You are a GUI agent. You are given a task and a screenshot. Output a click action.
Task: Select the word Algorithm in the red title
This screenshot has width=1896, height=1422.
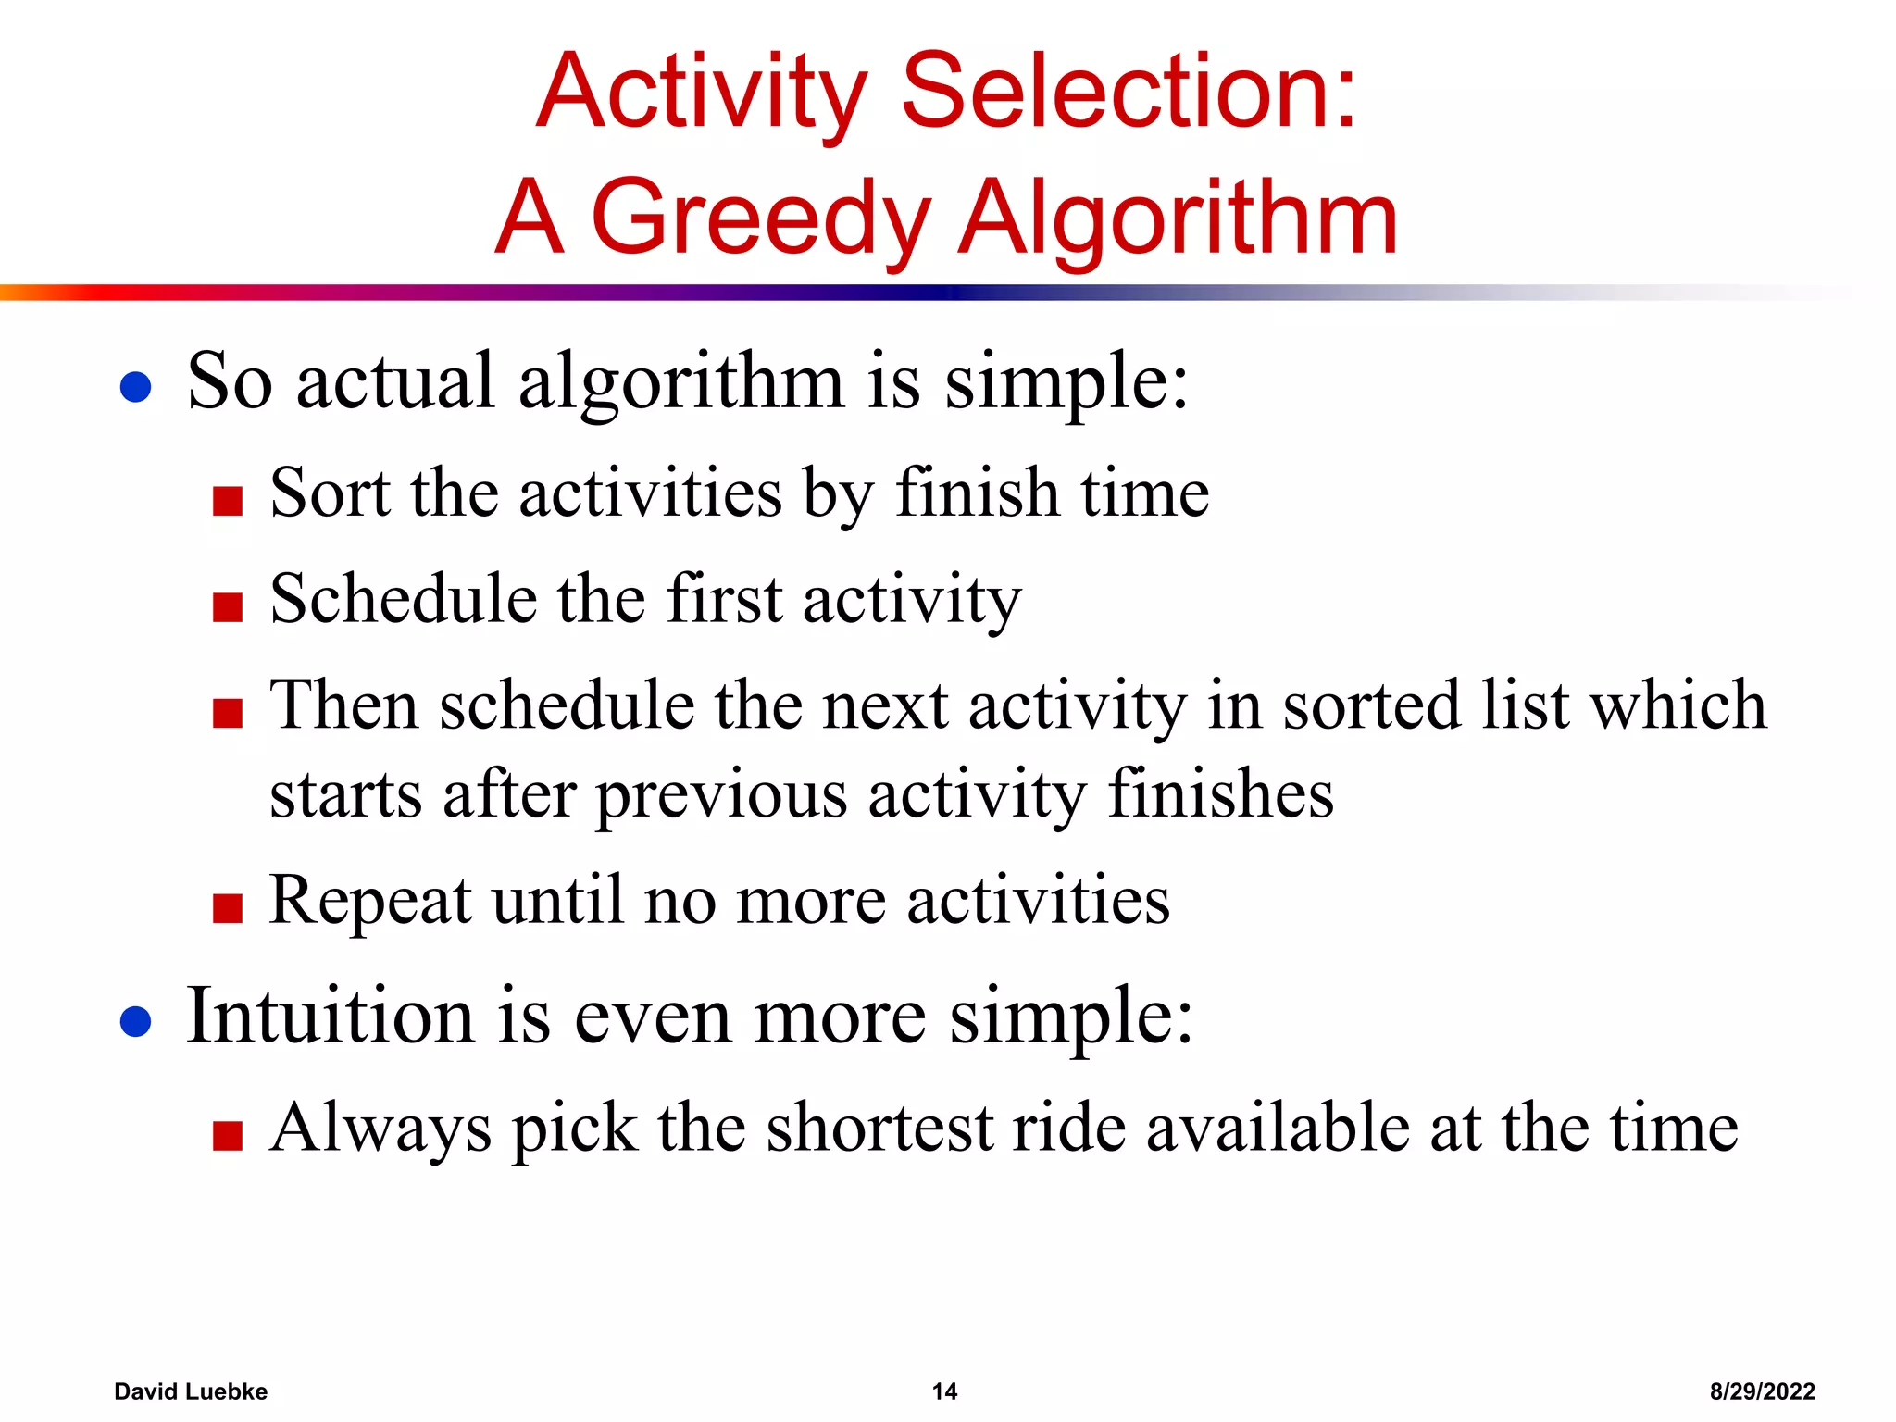[x=1178, y=218]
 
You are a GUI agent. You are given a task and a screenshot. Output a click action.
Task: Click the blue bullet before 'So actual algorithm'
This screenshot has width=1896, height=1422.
[x=136, y=387]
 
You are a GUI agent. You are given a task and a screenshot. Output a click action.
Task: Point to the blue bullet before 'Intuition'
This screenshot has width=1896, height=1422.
[x=136, y=1022]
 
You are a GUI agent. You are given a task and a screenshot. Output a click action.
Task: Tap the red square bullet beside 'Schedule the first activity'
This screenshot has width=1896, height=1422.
[x=228, y=607]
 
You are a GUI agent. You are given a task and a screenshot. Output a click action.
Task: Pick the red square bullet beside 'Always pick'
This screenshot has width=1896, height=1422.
[x=228, y=1135]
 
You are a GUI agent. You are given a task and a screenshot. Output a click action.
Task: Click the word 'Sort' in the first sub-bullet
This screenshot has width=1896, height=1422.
[x=330, y=493]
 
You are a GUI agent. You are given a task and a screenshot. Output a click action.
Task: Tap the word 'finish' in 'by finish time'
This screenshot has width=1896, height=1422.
[x=977, y=493]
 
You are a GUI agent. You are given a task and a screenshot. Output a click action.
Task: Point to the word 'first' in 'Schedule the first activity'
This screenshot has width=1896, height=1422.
[x=725, y=599]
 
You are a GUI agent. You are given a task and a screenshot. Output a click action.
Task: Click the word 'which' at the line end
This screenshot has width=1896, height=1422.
[x=1678, y=705]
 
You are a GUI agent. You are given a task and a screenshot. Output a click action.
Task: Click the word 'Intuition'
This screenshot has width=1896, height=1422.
[x=330, y=1016]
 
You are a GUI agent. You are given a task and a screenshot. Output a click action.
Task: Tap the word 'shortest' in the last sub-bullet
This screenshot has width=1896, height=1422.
[x=879, y=1129]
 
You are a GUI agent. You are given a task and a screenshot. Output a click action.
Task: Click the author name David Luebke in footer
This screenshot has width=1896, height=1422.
[x=191, y=1391]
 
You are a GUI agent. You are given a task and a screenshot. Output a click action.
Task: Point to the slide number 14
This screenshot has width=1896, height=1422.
[x=944, y=1391]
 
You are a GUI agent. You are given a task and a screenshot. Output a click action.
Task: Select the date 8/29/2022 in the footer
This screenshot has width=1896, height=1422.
[x=1762, y=1391]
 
